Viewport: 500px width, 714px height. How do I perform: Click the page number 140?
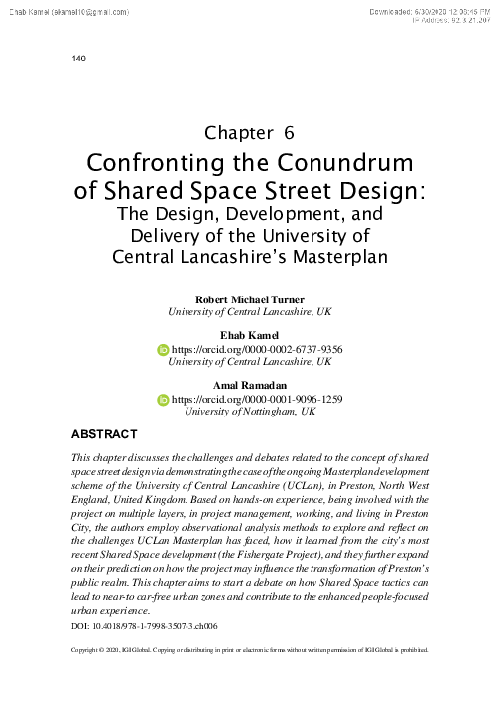pyautogui.click(x=80, y=59)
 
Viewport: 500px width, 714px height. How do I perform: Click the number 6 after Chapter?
pyautogui.click(x=289, y=132)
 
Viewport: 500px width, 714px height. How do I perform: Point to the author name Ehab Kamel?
pyautogui.click(x=250, y=336)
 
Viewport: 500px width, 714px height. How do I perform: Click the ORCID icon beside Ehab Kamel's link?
pyautogui.click(x=165, y=350)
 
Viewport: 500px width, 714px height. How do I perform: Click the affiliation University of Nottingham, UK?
pyautogui.click(x=250, y=411)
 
